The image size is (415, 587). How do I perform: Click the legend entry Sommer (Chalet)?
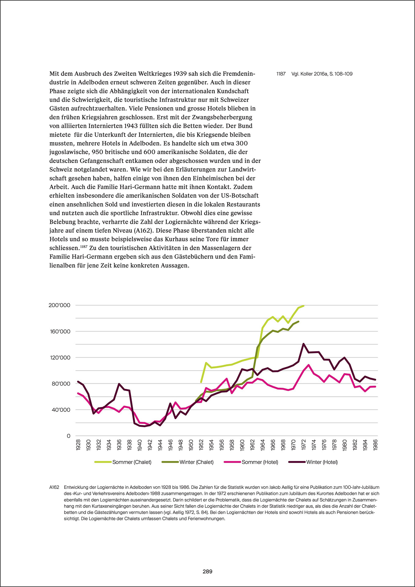click(132, 462)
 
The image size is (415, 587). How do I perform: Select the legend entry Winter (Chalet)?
click(196, 462)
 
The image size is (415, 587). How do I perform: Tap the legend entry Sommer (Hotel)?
click(260, 462)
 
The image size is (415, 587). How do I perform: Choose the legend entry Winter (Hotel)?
click(322, 462)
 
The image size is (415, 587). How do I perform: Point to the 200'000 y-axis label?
click(59, 305)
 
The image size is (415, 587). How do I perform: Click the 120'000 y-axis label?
click(60, 357)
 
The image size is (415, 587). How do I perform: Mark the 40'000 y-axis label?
click(61, 410)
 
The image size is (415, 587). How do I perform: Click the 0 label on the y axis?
click(69, 436)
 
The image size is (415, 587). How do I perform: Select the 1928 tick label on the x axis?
click(78, 445)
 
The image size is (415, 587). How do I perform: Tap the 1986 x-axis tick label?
click(376, 445)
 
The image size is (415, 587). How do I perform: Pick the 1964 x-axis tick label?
click(263, 445)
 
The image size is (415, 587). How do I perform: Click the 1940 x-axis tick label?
click(140, 445)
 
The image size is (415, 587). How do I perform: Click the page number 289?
click(207, 571)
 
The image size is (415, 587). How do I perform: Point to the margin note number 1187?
click(281, 74)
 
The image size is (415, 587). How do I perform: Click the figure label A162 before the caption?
click(54, 487)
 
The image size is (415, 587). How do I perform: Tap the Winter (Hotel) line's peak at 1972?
click(303, 344)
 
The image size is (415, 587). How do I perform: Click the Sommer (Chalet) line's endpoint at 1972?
click(303, 306)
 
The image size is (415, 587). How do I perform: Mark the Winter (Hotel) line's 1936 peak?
click(119, 384)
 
